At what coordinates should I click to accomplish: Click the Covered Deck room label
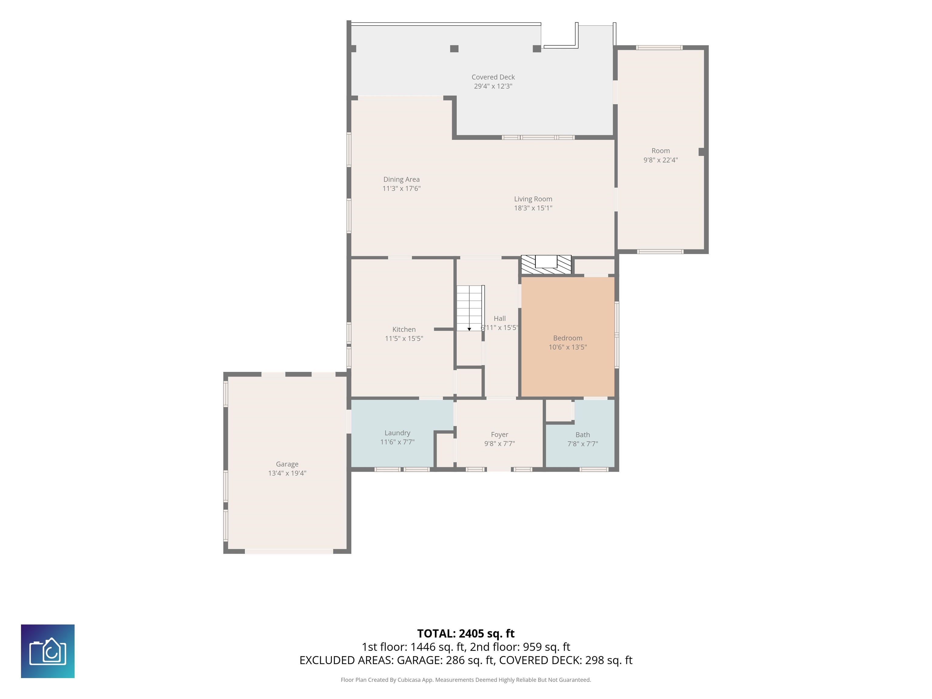point(493,77)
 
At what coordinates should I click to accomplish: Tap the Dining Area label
point(401,180)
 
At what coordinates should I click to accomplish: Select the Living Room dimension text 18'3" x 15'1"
point(533,208)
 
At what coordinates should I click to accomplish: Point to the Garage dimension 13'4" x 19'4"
point(287,473)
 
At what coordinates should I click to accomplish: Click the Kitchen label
point(404,329)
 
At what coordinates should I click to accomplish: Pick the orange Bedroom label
point(568,338)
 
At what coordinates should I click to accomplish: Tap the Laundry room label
point(397,433)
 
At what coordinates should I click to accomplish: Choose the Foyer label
point(499,434)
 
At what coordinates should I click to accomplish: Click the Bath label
point(582,434)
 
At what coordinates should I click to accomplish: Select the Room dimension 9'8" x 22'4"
point(660,160)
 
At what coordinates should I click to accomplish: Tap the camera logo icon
point(48,651)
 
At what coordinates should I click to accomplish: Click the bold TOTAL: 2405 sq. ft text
point(466,634)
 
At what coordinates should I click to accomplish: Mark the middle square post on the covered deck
point(454,49)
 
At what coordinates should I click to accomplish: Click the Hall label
point(499,319)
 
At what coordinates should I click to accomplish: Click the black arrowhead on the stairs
point(469,329)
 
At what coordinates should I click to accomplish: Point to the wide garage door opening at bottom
point(289,551)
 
